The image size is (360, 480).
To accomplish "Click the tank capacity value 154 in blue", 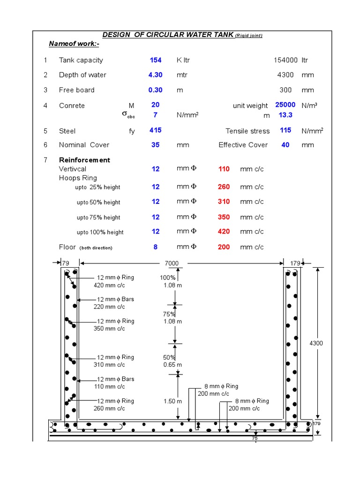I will pos(156,60).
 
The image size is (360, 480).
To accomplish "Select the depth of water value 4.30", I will pos(155,75).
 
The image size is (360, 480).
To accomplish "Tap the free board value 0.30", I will pos(155,90).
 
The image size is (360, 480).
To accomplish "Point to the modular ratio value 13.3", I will pos(285,115).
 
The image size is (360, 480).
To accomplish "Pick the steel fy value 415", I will pos(156,130).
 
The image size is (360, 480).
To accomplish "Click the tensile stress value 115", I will pos(285,130).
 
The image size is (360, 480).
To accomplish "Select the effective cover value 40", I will pos(285,145).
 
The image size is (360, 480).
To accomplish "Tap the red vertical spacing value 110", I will pos(224,169).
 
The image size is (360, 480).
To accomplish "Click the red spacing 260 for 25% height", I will pos(224,187).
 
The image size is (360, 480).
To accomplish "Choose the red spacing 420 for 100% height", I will pos(224,232).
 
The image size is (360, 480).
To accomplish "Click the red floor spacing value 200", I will pos(224,247).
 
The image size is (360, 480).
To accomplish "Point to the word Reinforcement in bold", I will pos(84,160).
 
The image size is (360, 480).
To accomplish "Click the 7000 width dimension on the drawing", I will pos(172,263).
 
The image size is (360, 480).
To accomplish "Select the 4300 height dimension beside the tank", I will pos(316,343).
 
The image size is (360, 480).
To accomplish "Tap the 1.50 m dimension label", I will pos(172,401).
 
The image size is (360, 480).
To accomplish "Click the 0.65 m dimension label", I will pos(172,365).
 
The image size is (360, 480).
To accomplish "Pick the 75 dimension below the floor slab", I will pos(255,439).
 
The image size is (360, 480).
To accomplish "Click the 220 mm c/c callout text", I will pos(109,307).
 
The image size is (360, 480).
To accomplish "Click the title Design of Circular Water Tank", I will pos(168,36).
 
